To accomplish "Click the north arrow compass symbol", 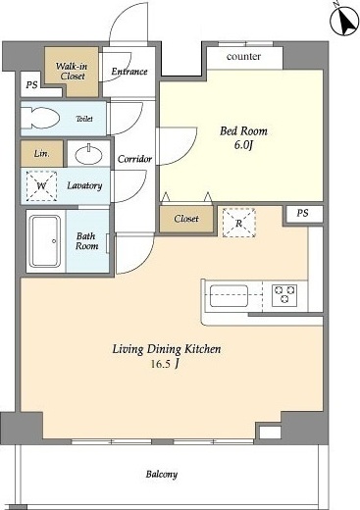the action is tap(344, 20).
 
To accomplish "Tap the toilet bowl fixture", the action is tap(40, 118).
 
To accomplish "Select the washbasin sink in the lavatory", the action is tap(88, 155).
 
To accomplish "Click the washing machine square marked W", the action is tap(41, 185).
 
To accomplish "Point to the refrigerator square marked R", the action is tap(239, 223).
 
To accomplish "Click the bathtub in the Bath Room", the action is tap(45, 241).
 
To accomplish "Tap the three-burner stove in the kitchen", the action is tap(284, 295).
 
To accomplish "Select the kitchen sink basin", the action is tap(229, 296).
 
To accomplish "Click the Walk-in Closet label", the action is tap(72, 71).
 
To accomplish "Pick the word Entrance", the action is tap(129, 72).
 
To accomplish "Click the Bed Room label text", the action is tap(243, 131).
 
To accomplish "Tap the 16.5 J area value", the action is tap(165, 364).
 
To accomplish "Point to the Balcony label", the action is tap(162, 474).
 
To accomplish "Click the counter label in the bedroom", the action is tap(243, 57).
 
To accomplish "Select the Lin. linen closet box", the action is tap(42, 153).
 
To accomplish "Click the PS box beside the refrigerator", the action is tap(303, 214).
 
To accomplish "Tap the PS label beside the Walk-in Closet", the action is tap(31, 85).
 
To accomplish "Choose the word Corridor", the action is tap(134, 159).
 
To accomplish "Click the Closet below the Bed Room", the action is tap(186, 219).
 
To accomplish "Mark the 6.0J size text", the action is tap(243, 145).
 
